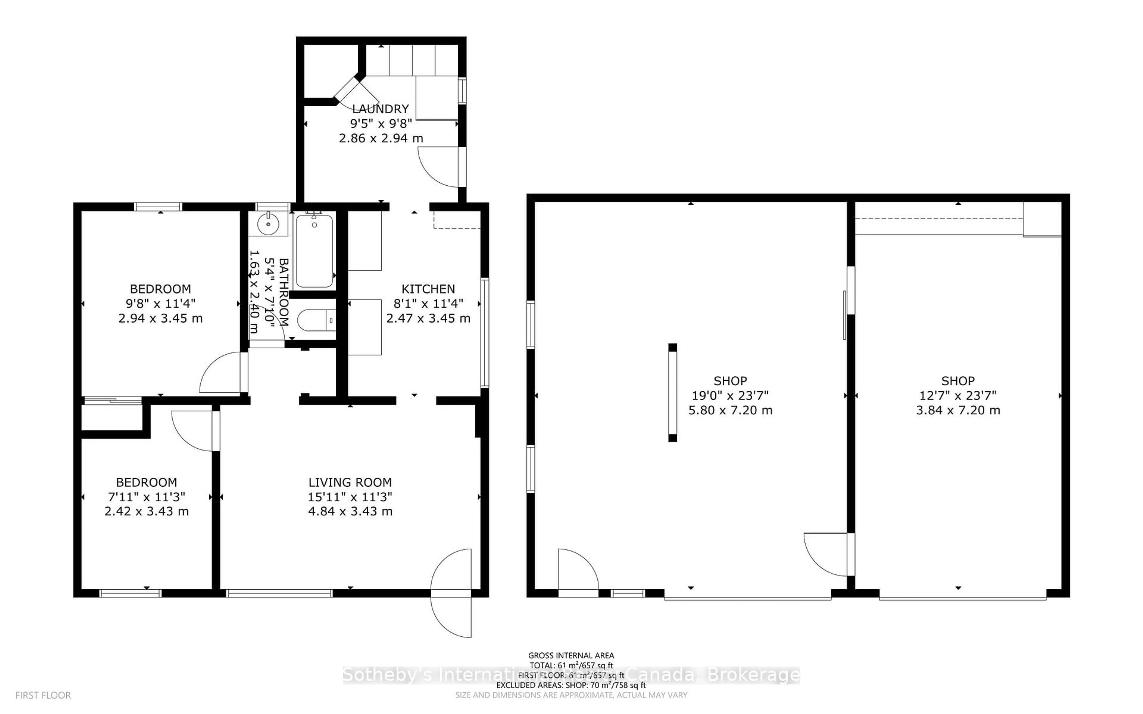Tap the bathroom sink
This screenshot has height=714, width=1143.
[268, 223]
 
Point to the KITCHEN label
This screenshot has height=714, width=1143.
[428, 289]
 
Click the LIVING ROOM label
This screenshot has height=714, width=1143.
[350, 482]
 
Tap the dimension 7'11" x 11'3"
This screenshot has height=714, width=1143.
[146, 497]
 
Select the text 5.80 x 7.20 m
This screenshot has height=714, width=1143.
[730, 410]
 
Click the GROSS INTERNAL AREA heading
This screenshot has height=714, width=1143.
[571, 655]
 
